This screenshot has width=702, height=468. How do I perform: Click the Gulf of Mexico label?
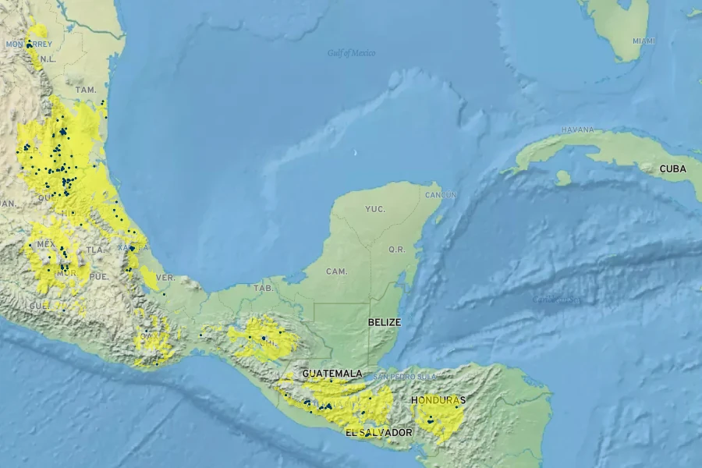pyautogui.click(x=351, y=53)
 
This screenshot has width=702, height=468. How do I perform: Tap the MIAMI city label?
pyautogui.click(x=644, y=41)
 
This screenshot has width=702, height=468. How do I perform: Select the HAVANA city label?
pyautogui.click(x=577, y=129)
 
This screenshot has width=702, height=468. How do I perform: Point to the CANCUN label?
pyautogui.click(x=441, y=194)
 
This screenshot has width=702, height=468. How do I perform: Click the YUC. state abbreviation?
pyautogui.click(x=375, y=209)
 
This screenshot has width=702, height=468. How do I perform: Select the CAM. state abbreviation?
pyautogui.click(x=337, y=271)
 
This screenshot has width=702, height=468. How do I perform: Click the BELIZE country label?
pyautogui.click(x=385, y=321)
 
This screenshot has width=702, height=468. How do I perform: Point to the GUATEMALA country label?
pyautogui.click(x=332, y=374)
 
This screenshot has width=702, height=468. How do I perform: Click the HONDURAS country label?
pyautogui.click(x=438, y=400)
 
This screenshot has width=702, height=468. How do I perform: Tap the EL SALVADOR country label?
pyautogui.click(x=379, y=432)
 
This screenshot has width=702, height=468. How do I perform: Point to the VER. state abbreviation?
pyautogui.click(x=165, y=278)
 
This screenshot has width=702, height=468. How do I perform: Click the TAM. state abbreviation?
pyautogui.click(x=86, y=90)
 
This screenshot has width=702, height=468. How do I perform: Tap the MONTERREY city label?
pyautogui.click(x=29, y=44)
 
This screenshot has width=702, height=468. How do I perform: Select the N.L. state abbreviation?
pyautogui.click(x=48, y=58)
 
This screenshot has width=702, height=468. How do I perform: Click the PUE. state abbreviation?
pyautogui.click(x=98, y=276)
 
